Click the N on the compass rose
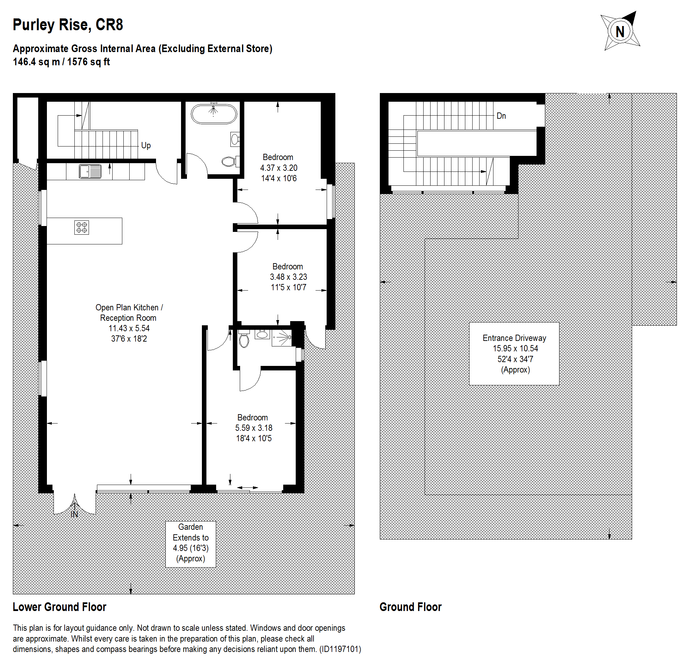click(x=620, y=32)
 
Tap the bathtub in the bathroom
click(x=214, y=114)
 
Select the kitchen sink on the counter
click(x=90, y=171)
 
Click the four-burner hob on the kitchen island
click(x=82, y=228)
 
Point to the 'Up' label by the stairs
click(x=146, y=145)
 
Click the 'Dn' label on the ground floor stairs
click(x=501, y=116)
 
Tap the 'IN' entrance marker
click(x=74, y=514)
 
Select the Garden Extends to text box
click(x=191, y=544)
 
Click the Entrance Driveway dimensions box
click(x=514, y=354)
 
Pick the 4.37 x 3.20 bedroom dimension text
click(x=279, y=168)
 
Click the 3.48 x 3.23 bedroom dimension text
click(x=288, y=277)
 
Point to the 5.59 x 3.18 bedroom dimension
click(x=254, y=428)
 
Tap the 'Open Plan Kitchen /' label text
click(x=129, y=308)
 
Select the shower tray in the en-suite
click(x=282, y=338)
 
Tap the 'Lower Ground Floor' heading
click(x=59, y=607)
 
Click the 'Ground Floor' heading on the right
click(x=410, y=607)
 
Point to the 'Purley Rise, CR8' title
click(x=68, y=25)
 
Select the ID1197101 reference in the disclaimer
click(x=340, y=650)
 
